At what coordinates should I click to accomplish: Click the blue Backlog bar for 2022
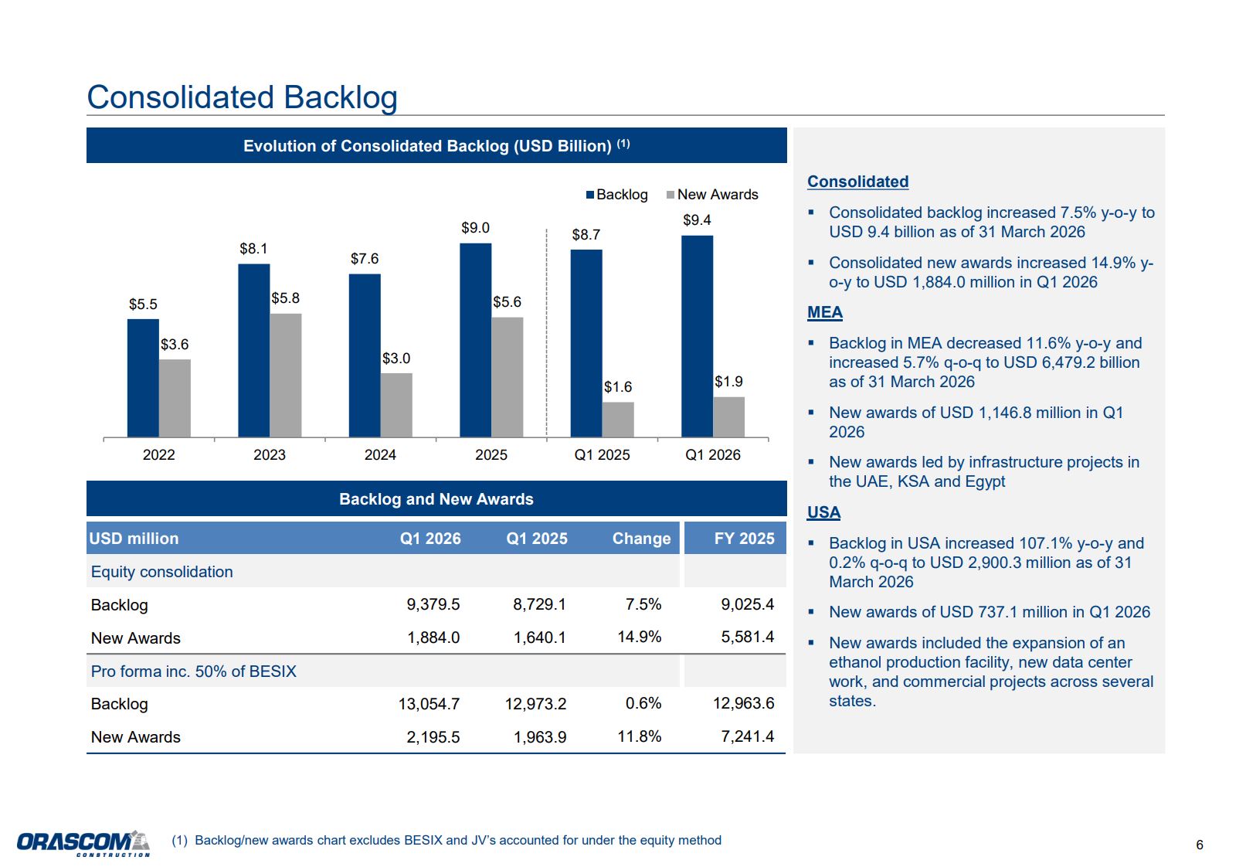click(x=143, y=378)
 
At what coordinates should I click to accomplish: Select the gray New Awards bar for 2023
click(x=286, y=376)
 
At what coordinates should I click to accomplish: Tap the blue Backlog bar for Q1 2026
click(x=697, y=336)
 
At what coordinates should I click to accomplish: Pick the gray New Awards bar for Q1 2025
click(x=618, y=420)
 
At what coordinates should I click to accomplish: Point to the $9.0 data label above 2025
click(x=476, y=228)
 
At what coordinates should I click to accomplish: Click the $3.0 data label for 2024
click(x=396, y=359)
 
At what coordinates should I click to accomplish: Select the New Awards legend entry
click(x=712, y=194)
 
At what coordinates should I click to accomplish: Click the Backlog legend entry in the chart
click(x=617, y=194)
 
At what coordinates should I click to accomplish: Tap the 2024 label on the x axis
click(x=380, y=454)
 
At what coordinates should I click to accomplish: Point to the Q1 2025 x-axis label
click(x=602, y=454)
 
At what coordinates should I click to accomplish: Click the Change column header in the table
click(x=641, y=538)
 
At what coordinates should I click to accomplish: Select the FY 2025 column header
click(x=744, y=538)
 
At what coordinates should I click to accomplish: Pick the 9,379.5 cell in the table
click(x=433, y=604)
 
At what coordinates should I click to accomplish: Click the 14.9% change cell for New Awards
click(x=640, y=637)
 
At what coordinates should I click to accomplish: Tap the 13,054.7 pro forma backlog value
click(x=429, y=704)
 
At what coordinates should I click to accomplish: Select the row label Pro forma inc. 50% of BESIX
click(x=194, y=671)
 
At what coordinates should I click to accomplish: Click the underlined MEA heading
click(x=825, y=312)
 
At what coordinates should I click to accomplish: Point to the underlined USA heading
click(x=823, y=512)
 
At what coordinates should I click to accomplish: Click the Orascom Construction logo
click(x=83, y=843)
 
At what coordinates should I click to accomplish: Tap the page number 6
click(x=1200, y=845)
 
